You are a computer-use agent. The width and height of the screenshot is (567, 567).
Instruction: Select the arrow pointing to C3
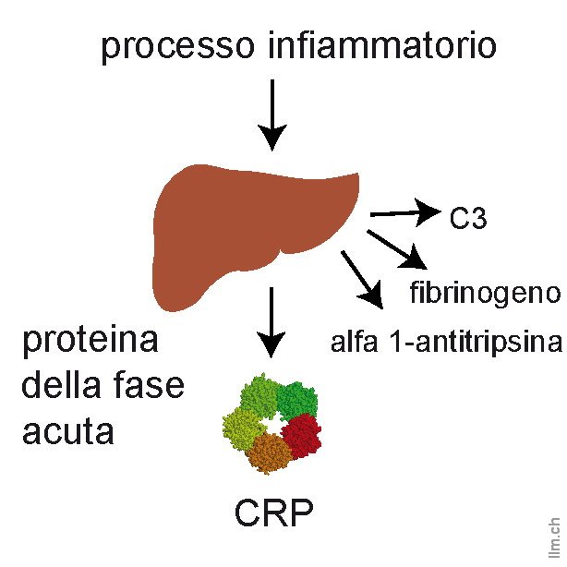tap(404, 213)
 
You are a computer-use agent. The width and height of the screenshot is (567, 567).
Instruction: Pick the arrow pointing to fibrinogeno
tap(394, 248)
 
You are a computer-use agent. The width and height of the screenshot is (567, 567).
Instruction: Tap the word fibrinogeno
tap(484, 294)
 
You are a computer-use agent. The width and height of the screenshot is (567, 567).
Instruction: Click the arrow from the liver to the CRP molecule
tap(271, 320)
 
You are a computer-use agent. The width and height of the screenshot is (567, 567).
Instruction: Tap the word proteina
tap(90, 343)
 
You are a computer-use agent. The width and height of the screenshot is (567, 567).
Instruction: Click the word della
tap(59, 385)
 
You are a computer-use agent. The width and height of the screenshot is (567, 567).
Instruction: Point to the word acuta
tap(67, 429)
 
